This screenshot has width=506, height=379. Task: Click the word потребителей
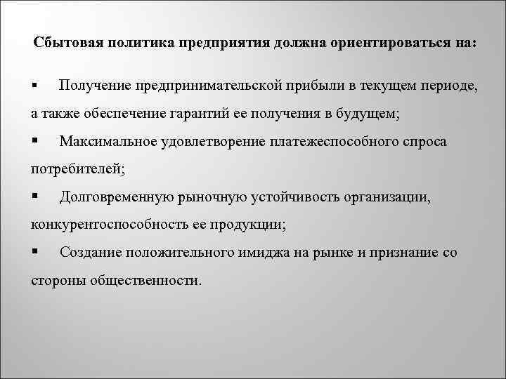click(x=76, y=169)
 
